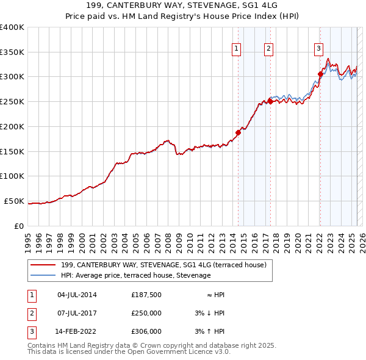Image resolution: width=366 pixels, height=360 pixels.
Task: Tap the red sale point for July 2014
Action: click(x=238, y=132)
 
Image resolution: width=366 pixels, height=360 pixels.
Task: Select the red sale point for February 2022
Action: click(x=320, y=74)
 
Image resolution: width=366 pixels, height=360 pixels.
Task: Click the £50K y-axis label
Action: click(x=14, y=201)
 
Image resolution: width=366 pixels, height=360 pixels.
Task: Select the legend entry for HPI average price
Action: click(x=135, y=276)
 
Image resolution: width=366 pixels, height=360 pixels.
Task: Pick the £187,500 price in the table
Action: click(x=146, y=295)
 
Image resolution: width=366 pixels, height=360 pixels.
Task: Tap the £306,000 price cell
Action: click(x=146, y=331)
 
